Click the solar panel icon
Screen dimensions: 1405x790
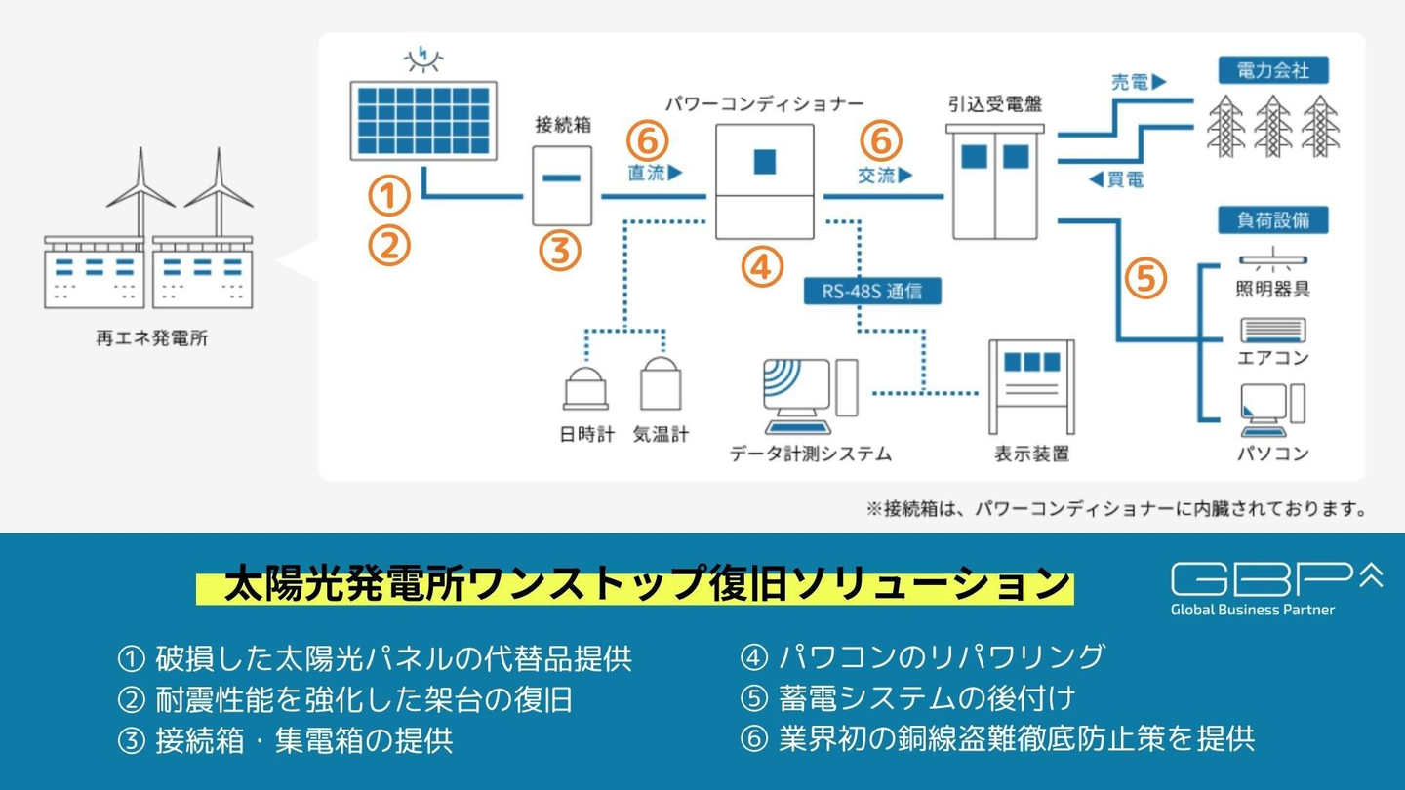click(423, 120)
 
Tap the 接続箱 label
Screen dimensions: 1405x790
click(563, 125)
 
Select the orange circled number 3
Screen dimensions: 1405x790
click(559, 251)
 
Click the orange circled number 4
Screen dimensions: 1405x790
click(762, 267)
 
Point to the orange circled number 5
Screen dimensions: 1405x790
click(1145, 278)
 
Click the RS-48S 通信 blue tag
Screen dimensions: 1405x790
click(872, 291)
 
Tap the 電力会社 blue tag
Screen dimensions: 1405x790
click(1273, 70)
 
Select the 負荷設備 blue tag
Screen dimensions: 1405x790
click(1273, 220)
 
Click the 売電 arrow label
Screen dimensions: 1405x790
click(1139, 82)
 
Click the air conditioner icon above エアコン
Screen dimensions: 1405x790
click(1273, 330)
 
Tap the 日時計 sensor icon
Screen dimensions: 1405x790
click(585, 389)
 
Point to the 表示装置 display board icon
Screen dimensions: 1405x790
click(1032, 387)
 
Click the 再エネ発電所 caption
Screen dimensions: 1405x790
click(152, 338)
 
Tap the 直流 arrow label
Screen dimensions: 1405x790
click(655, 173)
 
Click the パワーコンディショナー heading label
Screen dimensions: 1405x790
click(765, 103)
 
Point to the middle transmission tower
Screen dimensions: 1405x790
click(1272, 126)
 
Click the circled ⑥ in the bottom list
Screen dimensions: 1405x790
click(754, 738)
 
